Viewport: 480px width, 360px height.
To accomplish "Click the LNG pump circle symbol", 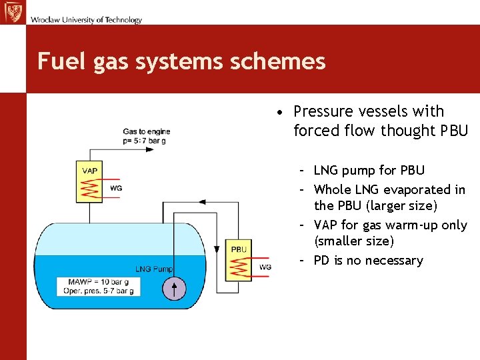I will [175, 289].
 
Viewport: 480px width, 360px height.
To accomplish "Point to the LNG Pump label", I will [154, 269].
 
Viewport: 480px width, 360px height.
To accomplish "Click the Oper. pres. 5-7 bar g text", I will [99, 291].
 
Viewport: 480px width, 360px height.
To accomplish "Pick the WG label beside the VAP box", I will [116, 189].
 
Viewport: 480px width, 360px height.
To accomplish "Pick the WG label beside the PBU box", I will [265, 267].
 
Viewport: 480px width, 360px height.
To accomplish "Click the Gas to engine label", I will [147, 131].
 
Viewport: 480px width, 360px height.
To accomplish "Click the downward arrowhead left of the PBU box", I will [216, 249].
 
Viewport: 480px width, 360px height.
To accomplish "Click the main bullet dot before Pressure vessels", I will [283, 112].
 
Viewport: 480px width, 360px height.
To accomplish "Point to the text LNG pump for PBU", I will [369, 171].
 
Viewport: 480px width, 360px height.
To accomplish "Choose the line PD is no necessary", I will [368, 261].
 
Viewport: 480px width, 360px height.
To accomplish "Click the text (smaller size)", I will [353, 241].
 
